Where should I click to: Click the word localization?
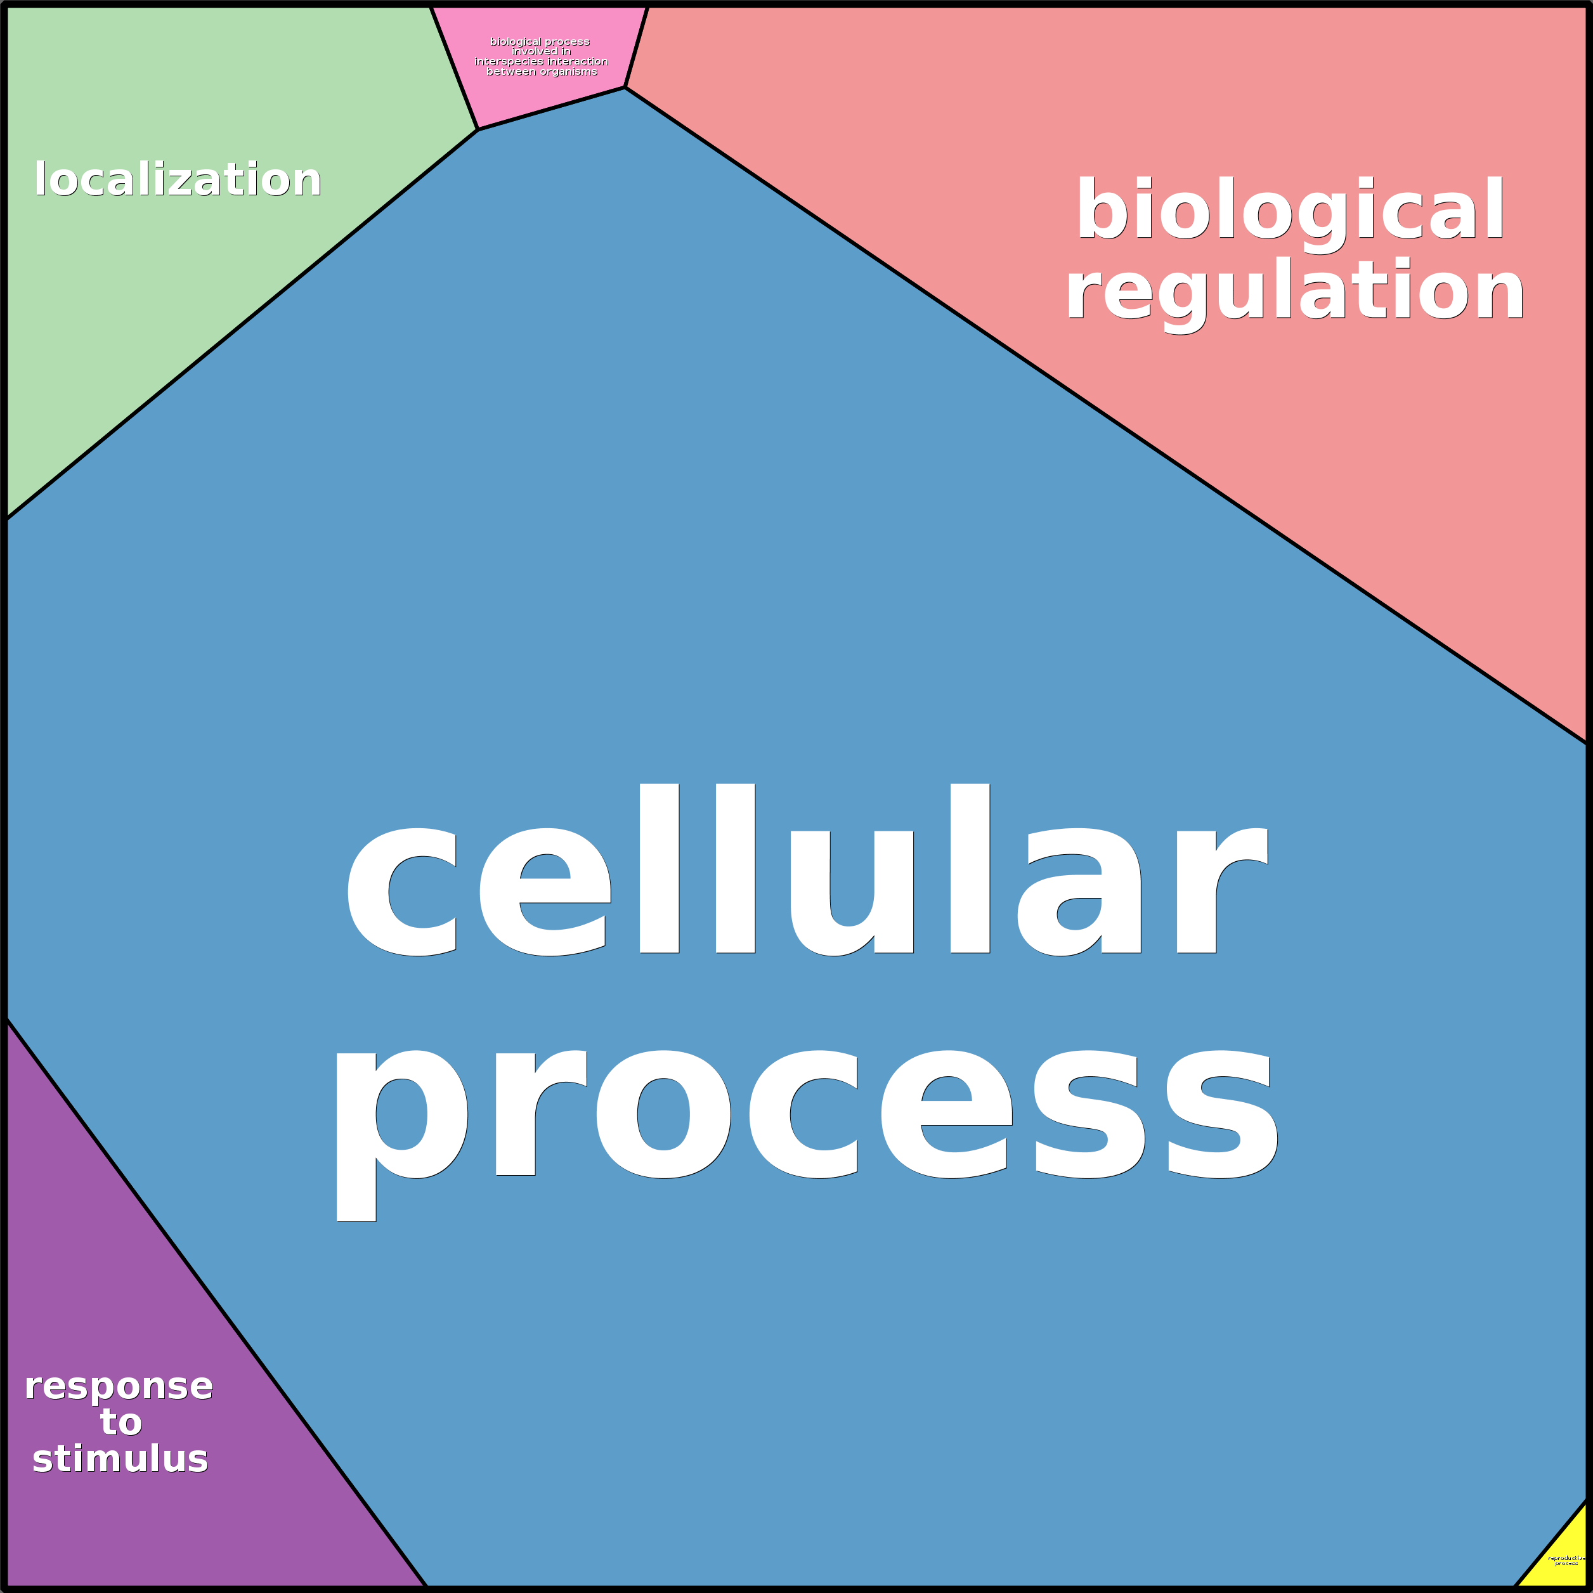[178, 179]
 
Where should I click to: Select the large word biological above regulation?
[1291, 211]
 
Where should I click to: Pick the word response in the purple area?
[119, 1387]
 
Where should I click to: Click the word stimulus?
[120, 1459]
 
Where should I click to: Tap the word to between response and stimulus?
[121, 1422]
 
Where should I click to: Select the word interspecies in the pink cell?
[509, 62]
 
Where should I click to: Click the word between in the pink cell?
[510, 72]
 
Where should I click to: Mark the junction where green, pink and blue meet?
[478, 129]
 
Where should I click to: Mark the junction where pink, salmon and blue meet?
[625, 88]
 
